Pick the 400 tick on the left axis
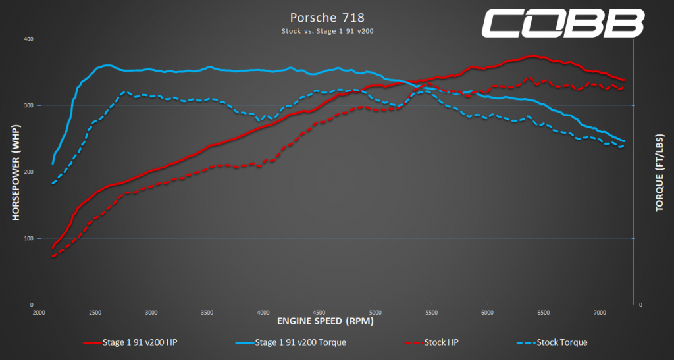[28, 39]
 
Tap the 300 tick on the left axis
[28, 106]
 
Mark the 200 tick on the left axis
[28, 172]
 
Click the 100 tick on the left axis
[28, 239]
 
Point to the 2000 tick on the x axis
[39, 312]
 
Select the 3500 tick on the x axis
[207, 312]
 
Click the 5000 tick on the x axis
[375, 312]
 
